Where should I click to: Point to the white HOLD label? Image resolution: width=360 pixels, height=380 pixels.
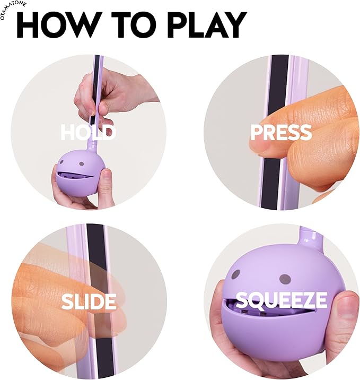click(88, 132)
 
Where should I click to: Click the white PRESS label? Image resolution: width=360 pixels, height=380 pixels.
click(281, 132)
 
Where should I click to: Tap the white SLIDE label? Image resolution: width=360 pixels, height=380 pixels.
click(89, 301)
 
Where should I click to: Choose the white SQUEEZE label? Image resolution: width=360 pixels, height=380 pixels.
click(282, 300)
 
